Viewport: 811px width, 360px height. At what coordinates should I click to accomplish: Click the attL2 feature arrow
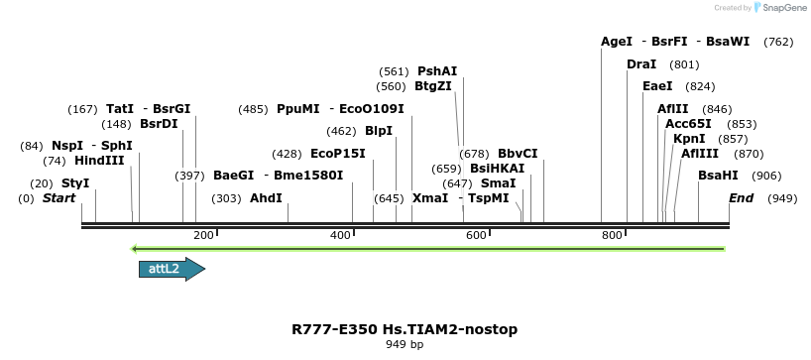(x=172, y=269)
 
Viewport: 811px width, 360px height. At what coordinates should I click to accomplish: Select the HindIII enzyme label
(x=99, y=161)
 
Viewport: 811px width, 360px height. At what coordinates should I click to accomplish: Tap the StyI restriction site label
(x=75, y=183)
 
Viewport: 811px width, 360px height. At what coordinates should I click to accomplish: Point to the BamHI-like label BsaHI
(x=718, y=175)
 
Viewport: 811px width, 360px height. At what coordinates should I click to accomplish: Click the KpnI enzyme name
(x=689, y=139)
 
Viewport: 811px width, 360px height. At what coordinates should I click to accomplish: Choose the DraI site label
(x=641, y=64)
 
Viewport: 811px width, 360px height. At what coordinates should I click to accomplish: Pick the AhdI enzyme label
(x=266, y=198)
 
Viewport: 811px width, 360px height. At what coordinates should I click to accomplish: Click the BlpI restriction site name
(x=379, y=131)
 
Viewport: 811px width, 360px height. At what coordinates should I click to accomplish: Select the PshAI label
(x=437, y=71)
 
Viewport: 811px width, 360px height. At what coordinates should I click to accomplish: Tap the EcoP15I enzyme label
(x=338, y=154)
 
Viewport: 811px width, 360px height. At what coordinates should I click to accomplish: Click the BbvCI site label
(x=518, y=154)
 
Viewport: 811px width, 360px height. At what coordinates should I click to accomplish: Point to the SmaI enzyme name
(x=498, y=183)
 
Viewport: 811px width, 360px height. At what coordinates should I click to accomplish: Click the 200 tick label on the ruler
(x=204, y=235)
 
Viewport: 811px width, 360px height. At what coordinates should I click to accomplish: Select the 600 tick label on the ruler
(x=476, y=235)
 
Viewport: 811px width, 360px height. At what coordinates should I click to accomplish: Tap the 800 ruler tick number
(x=612, y=235)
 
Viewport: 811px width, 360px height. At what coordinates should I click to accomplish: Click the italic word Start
(x=58, y=198)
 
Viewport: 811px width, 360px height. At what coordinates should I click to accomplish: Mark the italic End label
(x=741, y=198)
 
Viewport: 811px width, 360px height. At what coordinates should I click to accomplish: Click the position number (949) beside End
(x=782, y=198)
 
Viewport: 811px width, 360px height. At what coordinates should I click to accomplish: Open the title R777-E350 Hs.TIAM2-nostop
(x=405, y=329)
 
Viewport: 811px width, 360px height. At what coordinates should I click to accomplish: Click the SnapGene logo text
(x=783, y=8)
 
